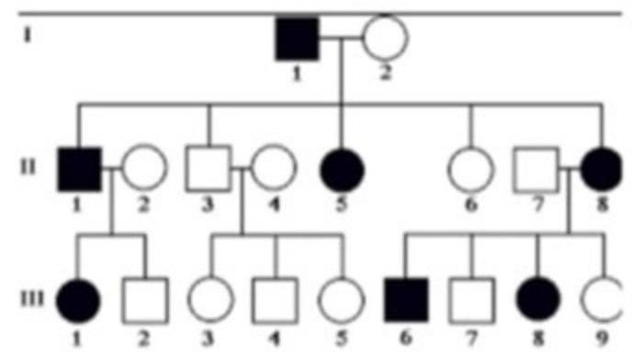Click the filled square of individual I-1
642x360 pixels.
coord(297,39)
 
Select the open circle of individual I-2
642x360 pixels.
coord(384,39)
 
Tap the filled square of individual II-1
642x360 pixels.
coord(78,169)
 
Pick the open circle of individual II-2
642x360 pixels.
coord(145,169)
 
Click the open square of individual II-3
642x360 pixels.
coord(208,169)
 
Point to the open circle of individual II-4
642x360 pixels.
coord(273,169)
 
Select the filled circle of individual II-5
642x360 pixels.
coord(342,169)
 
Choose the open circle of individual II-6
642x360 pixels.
coord(471,169)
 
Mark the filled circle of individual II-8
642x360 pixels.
coord(603,169)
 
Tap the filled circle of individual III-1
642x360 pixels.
coord(77,298)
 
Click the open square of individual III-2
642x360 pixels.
coord(144,298)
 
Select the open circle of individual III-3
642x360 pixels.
coord(211,298)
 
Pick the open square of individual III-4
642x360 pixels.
coord(274,298)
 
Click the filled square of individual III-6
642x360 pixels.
coord(407,298)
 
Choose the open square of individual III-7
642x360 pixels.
coord(471,298)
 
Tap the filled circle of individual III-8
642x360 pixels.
coord(537,298)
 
